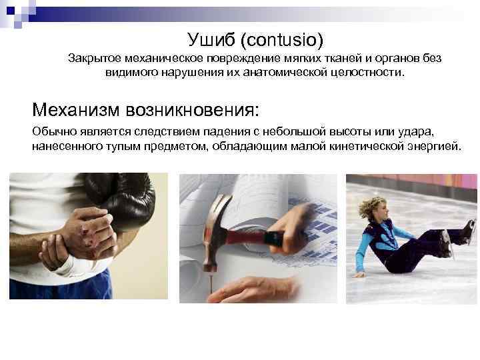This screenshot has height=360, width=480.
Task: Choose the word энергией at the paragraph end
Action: (x=436, y=146)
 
